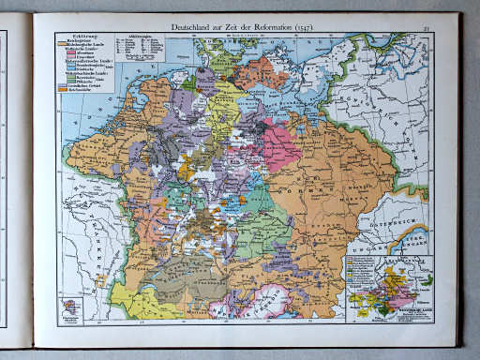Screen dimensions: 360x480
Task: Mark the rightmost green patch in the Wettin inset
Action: pos(427,279)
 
